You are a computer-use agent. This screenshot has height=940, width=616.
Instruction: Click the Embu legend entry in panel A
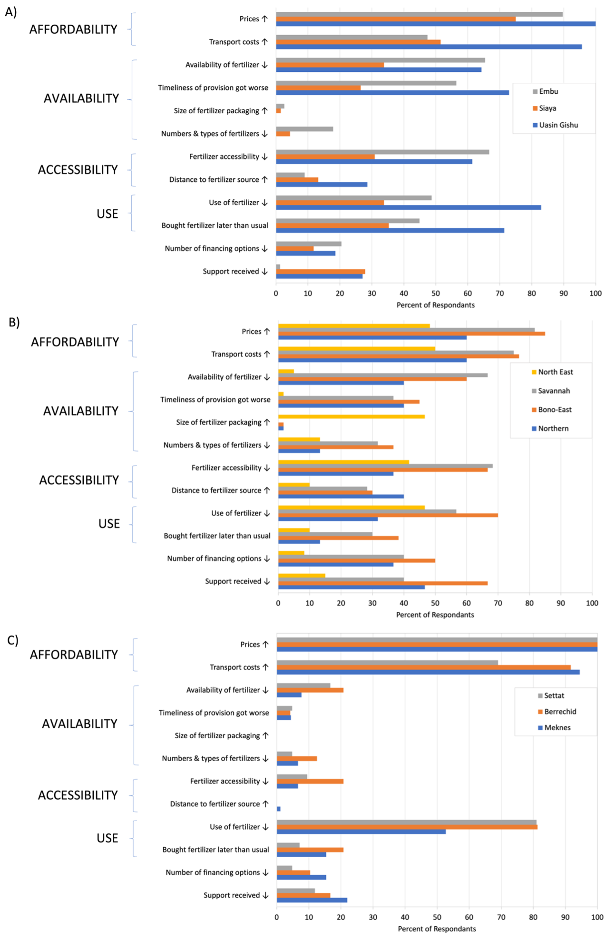pos(548,91)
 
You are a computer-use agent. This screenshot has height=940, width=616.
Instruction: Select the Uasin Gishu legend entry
pos(558,125)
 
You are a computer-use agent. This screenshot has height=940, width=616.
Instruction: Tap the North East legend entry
pos(555,372)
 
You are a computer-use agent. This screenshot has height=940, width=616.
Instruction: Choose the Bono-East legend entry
pos(555,410)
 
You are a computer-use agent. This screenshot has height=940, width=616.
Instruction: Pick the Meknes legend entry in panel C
pos(557,727)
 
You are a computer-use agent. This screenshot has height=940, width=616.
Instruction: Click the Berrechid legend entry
pos(560,712)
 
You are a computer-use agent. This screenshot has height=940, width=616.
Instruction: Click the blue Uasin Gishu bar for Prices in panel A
pos(435,24)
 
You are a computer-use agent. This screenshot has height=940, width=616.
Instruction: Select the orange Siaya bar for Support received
pos(320,272)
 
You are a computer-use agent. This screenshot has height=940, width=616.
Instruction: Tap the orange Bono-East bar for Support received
pos(382,583)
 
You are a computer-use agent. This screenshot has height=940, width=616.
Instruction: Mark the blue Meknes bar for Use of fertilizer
pos(361,832)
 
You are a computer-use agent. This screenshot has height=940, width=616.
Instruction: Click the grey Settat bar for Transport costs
pos(387,663)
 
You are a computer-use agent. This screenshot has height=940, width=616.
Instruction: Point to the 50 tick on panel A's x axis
pos(436,294)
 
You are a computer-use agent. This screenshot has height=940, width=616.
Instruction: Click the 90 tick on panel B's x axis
pos(561,603)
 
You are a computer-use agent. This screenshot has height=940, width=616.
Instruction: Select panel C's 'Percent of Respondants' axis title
pos(437,929)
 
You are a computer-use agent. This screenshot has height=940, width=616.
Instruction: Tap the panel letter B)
pos(14,323)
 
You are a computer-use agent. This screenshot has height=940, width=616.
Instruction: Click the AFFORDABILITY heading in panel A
pos(73,29)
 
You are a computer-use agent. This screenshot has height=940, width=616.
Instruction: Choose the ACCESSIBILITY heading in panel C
pos(78,795)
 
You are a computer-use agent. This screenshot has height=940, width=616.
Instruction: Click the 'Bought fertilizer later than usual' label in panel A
pos(215,225)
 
